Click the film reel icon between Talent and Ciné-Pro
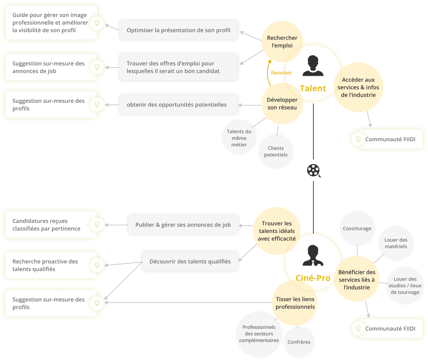pos(313,170)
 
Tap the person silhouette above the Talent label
pos(313,66)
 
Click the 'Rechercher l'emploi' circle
pos(282,42)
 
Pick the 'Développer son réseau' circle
pos(282,103)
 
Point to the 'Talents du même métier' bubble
pos(239,138)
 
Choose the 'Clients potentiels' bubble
pos(276,152)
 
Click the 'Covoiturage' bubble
pos(357,228)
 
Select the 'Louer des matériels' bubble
pos(396,243)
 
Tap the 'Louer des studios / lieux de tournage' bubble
pos(405,286)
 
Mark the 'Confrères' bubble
pos(299,342)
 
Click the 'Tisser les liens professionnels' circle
pos(295,303)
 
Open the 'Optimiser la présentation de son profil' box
pos(178,30)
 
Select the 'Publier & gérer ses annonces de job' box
pos(183,225)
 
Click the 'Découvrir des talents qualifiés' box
pos(190,262)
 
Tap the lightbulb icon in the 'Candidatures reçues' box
pos(97,225)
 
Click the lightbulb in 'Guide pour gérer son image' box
pos(97,23)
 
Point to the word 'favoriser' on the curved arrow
pos(281,73)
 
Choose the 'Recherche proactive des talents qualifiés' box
pos(51,265)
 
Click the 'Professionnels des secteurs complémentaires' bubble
pos(259,334)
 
